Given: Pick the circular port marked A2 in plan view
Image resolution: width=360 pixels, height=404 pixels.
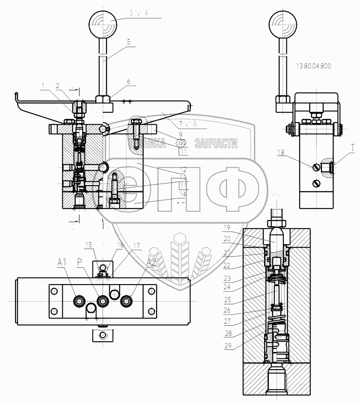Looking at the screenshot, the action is pos(126,300).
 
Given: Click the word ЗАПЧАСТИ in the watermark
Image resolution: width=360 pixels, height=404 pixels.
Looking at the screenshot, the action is pos(215,144).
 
